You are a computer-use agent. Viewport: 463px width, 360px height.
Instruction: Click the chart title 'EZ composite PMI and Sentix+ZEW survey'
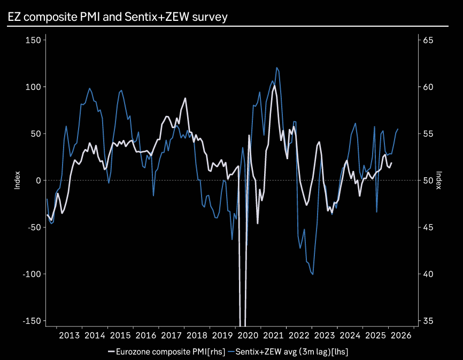[x=118, y=17]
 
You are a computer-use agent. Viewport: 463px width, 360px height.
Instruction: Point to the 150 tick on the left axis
[x=33, y=40]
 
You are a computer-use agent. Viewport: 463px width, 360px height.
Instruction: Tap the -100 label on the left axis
[x=32, y=274]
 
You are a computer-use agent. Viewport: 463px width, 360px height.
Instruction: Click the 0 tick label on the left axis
[x=38, y=181]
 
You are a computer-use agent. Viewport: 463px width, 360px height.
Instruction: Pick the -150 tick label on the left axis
[x=32, y=320]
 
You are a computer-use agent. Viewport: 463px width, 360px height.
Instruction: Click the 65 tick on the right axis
[x=428, y=40]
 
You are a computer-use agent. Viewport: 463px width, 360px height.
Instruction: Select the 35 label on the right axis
[x=428, y=320]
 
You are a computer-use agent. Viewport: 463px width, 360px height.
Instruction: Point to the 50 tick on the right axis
[x=428, y=181]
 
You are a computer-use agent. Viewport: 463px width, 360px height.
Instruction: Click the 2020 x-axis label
[x=248, y=335]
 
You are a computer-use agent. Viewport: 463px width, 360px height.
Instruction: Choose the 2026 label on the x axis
[x=400, y=335]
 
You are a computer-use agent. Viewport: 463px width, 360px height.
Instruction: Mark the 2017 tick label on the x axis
[x=171, y=335]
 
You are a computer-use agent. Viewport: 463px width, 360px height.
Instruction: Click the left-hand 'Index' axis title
[x=17, y=181]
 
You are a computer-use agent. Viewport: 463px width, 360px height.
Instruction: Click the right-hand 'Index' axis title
[x=439, y=181]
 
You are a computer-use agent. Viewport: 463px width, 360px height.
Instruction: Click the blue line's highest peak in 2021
[x=276, y=68]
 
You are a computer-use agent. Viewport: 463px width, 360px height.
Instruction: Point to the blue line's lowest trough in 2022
[x=312, y=274]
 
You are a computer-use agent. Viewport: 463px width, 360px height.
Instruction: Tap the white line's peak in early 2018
[x=186, y=98]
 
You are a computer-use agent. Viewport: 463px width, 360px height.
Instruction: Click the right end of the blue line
[x=398, y=129]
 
